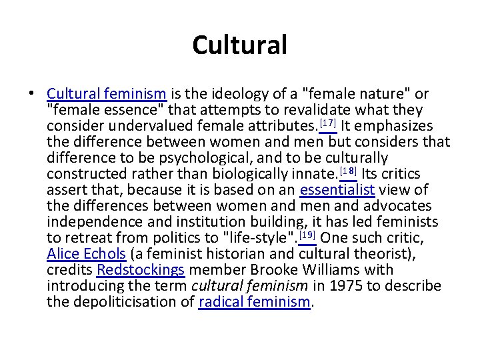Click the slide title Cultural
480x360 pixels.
[239, 45]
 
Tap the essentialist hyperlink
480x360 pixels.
[337, 190]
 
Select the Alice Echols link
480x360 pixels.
[87, 254]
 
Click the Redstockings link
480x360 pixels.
[141, 270]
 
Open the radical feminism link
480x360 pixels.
[255, 302]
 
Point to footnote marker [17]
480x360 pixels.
[328, 123]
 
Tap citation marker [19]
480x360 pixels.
[307, 235]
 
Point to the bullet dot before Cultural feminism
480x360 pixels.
[34, 94]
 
